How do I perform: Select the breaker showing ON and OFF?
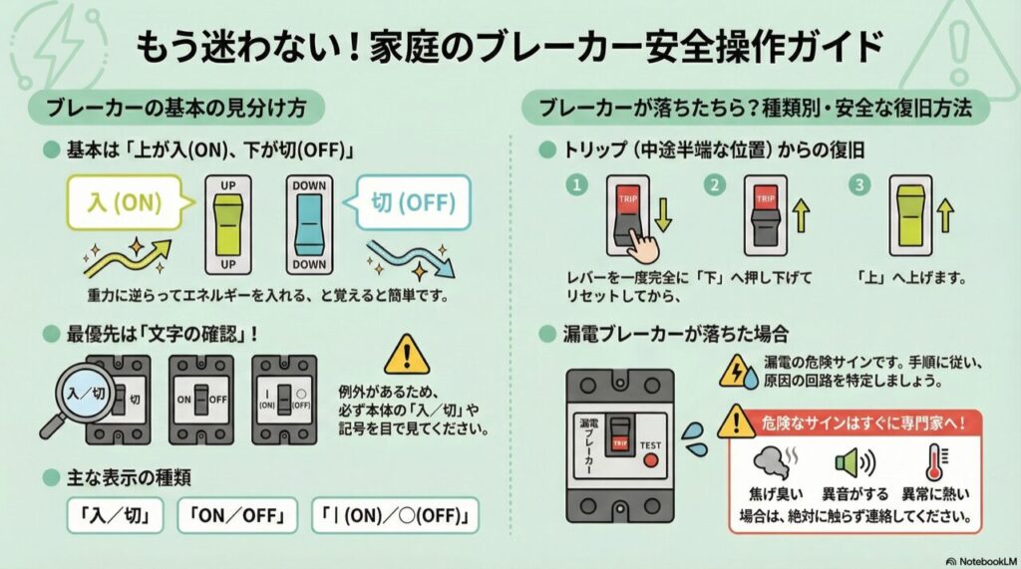[201, 398]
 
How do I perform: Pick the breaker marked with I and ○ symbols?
[284, 398]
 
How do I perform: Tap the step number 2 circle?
[712, 184]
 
